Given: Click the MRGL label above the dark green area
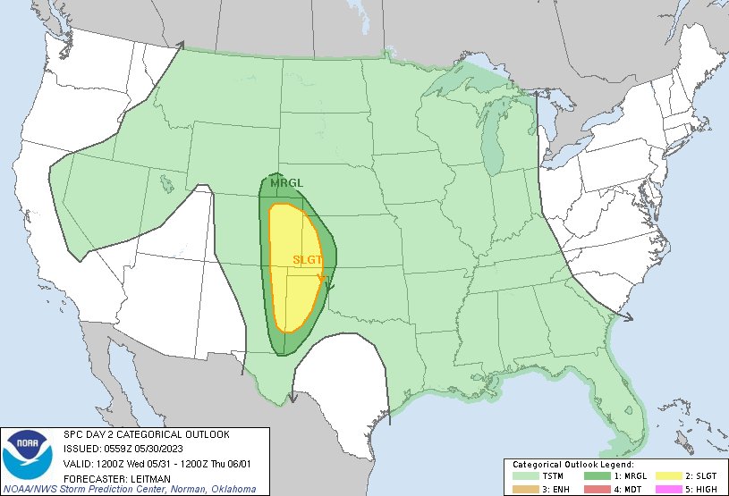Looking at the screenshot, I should point(287,182).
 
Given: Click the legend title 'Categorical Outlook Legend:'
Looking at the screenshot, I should point(572,466).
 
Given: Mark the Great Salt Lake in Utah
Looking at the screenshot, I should point(166,185).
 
